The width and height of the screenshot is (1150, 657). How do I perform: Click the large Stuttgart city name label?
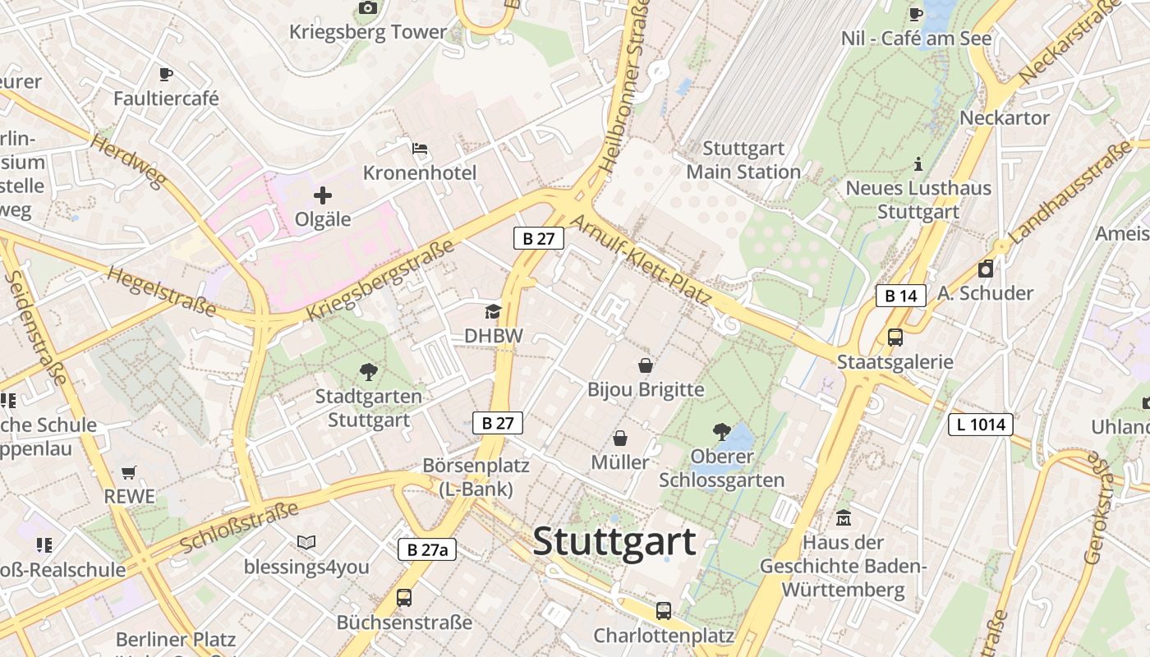[614, 541]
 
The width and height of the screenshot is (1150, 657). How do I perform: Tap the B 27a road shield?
[427, 549]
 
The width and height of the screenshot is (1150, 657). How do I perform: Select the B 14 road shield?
[900, 296]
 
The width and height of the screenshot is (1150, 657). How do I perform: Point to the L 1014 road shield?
[980, 425]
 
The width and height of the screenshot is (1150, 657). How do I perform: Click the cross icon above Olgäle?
[323, 195]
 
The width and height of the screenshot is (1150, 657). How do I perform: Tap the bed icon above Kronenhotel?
[420, 149]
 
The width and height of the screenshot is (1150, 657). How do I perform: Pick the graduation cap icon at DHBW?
[493, 311]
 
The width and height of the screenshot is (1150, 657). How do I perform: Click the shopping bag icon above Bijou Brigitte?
[646, 365]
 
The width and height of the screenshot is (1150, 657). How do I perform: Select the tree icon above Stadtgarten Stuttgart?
[369, 371]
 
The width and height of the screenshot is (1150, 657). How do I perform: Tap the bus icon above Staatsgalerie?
[895, 337]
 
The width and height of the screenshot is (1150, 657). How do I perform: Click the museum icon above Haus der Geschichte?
[844, 518]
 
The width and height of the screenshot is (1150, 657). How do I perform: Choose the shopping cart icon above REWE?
[128, 472]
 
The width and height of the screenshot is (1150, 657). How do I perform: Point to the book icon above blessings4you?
[306, 542]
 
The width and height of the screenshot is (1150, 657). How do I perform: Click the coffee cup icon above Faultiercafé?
[166, 75]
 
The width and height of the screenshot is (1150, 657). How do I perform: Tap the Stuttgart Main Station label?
[743, 160]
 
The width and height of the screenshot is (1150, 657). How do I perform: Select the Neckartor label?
[1005, 117]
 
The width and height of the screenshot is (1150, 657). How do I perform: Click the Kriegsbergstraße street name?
[379, 281]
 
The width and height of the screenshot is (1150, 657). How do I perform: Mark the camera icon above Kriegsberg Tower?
[368, 8]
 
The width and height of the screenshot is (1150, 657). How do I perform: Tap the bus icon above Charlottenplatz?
[663, 610]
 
